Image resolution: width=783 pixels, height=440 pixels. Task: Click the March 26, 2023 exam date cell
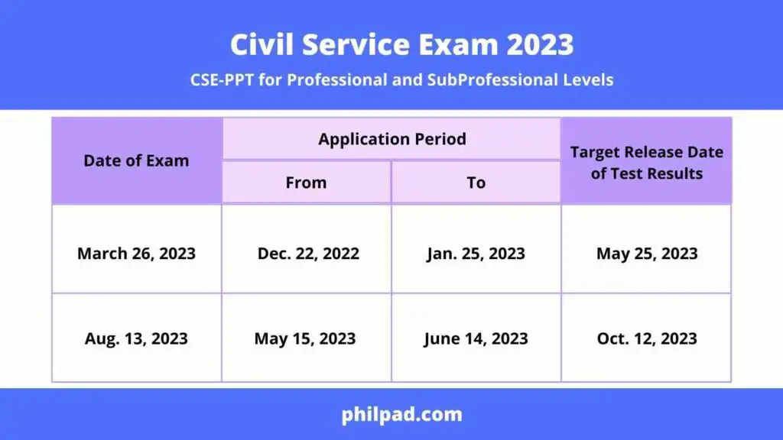click(136, 254)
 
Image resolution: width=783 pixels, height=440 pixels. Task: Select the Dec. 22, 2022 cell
click(308, 254)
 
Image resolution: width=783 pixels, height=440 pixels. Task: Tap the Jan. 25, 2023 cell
click(476, 254)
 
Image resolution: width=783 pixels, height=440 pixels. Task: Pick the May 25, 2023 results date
click(647, 254)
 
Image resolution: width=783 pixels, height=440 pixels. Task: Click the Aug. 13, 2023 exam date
click(136, 338)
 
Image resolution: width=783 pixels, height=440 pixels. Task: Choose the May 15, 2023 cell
click(305, 338)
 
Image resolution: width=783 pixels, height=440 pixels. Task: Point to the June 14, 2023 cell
click(476, 338)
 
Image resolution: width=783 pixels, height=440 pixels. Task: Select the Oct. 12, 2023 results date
click(647, 338)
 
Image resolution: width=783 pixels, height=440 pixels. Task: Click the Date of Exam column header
click(136, 160)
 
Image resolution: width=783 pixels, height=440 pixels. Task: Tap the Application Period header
click(392, 139)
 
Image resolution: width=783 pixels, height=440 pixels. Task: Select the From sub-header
click(306, 183)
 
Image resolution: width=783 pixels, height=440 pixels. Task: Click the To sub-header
click(476, 183)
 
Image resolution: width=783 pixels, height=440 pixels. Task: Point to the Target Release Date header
click(646, 162)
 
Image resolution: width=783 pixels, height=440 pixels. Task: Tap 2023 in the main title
click(535, 45)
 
